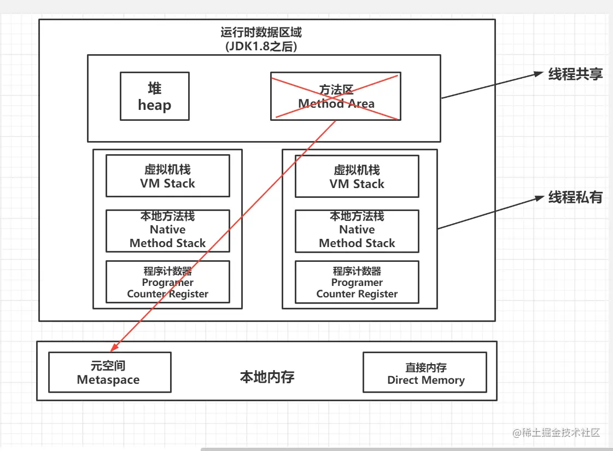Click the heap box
pyautogui.click(x=154, y=96)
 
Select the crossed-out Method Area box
pyautogui.click(x=335, y=96)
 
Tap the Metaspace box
pyautogui.click(x=109, y=372)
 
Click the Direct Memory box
pyautogui.click(x=425, y=372)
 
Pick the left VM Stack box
pyautogui.click(x=167, y=175)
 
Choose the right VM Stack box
pyautogui.click(x=357, y=175)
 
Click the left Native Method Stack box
pyautogui.click(x=167, y=230)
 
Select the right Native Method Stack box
pyautogui.click(x=357, y=230)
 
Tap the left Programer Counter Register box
pyautogui.click(x=167, y=282)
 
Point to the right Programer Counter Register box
pyautogui.click(x=357, y=282)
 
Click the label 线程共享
pyautogui.click(x=575, y=74)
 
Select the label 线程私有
pyautogui.click(x=575, y=197)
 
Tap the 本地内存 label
pyautogui.click(x=267, y=377)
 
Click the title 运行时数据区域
pyautogui.click(x=261, y=32)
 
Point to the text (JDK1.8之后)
pyautogui.click(x=261, y=46)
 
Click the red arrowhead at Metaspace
pyautogui.click(x=114, y=348)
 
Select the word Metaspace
pyautogui.click(x=108, y=380)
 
